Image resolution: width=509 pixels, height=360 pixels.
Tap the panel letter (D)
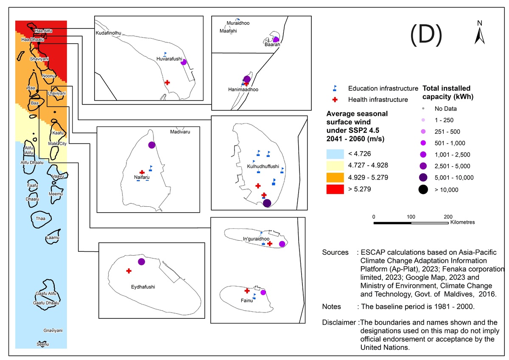426,35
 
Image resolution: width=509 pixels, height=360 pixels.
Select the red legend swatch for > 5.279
335,189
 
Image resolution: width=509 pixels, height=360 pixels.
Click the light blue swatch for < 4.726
335,154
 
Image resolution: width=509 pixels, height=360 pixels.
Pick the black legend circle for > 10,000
423,189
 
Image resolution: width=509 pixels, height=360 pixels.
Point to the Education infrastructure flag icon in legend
335,88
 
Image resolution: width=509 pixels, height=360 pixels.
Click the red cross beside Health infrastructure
335,100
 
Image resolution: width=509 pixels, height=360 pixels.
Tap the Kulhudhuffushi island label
263,166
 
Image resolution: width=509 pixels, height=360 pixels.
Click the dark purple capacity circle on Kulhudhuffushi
267,203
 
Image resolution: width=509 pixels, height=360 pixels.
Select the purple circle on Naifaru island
151,145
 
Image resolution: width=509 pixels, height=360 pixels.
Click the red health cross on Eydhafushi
129,271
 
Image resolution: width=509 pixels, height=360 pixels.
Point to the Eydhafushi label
143,287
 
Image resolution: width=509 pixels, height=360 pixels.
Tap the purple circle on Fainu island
263,292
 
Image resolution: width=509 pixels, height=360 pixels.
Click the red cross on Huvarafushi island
167,82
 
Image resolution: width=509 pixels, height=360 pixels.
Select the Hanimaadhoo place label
243,90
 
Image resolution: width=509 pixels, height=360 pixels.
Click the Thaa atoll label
40,219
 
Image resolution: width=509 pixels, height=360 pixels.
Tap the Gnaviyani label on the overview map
53,330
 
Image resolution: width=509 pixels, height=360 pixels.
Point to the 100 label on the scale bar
411,217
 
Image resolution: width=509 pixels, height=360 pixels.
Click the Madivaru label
180,132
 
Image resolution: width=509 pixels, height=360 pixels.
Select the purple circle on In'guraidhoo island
282,244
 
